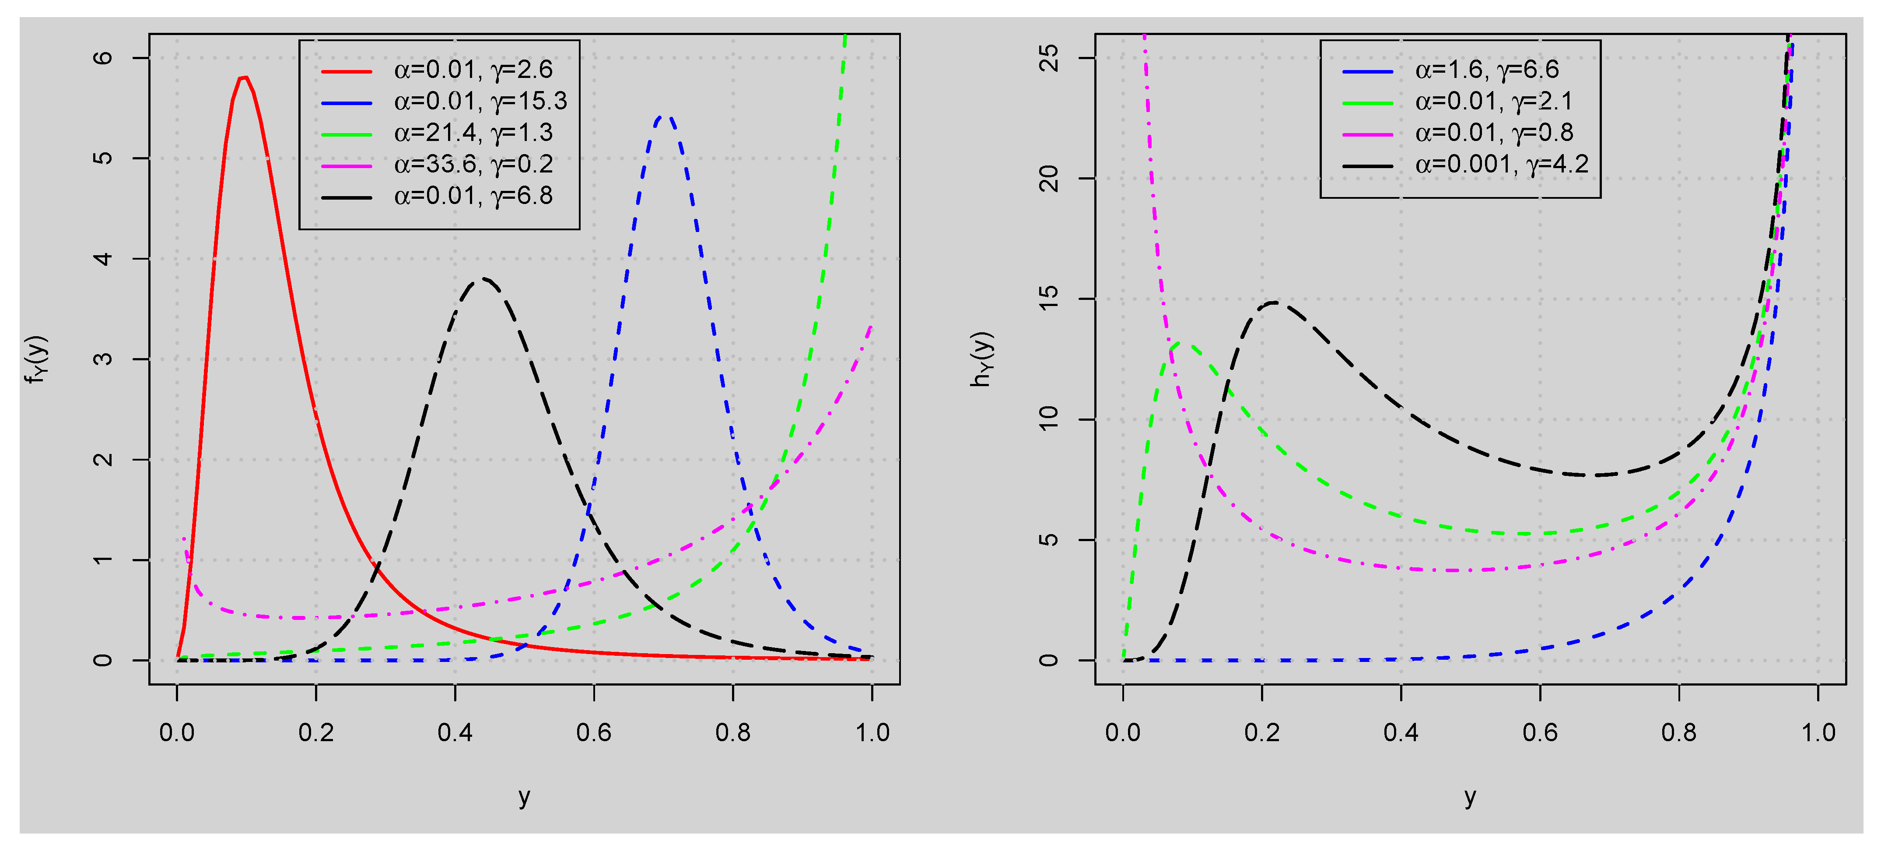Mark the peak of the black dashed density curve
tap(482, 278)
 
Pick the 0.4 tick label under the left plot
tap(455, 732)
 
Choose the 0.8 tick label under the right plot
tap(1679, 732)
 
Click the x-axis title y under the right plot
tap(1470, 796)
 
